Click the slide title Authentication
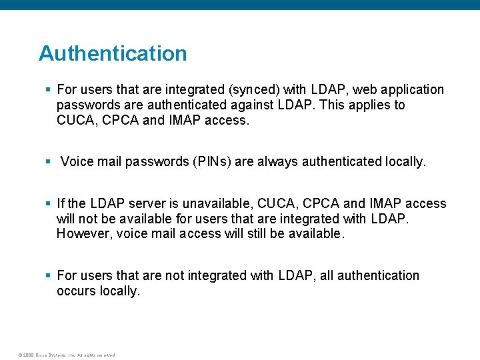pos(113,53)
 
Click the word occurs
pos(76,291)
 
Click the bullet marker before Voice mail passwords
pos(48,162)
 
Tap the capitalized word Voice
pos(77,162)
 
